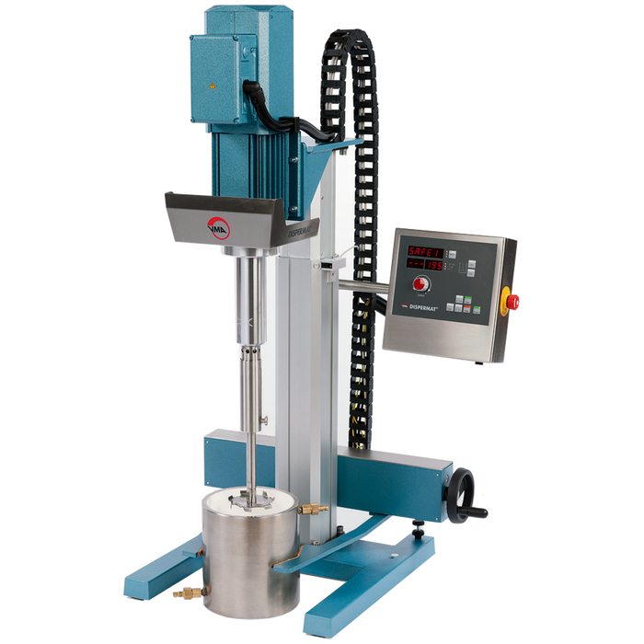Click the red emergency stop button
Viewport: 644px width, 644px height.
[x=512, y=301]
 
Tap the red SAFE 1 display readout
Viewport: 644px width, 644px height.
[x=425, y=251]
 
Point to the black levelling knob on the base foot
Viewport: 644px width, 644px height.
[x=417, y=529]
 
